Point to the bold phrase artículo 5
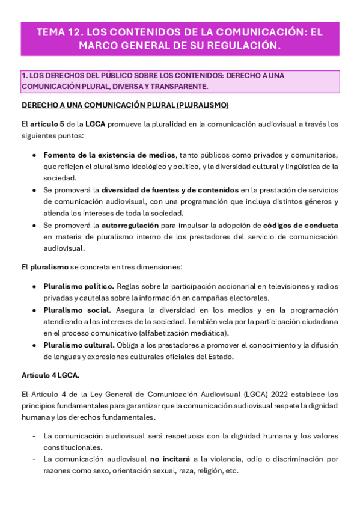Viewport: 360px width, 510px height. click(47, 124)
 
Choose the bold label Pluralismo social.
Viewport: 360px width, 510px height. click(77, 310)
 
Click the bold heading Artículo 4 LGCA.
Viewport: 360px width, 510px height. click(50, 375)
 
